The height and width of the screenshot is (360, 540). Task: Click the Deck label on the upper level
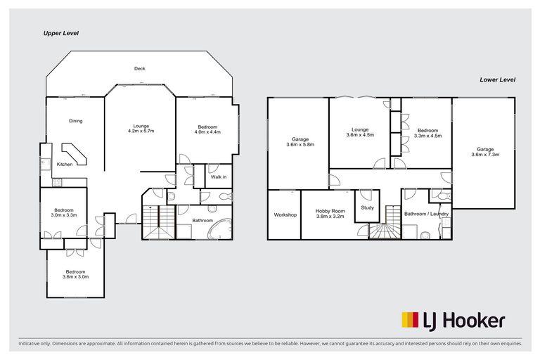click(140, 68)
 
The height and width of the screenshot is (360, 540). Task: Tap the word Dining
click(75, 121)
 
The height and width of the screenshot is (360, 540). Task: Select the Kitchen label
click(65, 165)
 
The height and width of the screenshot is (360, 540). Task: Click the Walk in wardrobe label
click(217, 176)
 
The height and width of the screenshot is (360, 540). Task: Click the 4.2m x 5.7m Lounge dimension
click(141, 131)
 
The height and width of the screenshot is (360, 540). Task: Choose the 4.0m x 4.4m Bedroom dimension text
click(207, 131)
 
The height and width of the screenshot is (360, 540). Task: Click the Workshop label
click(285, 214)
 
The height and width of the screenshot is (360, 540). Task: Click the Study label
click(367, 207)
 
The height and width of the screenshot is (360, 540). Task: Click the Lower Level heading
click(498, 80)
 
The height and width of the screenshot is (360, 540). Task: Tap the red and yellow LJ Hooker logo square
click(409, 320)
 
